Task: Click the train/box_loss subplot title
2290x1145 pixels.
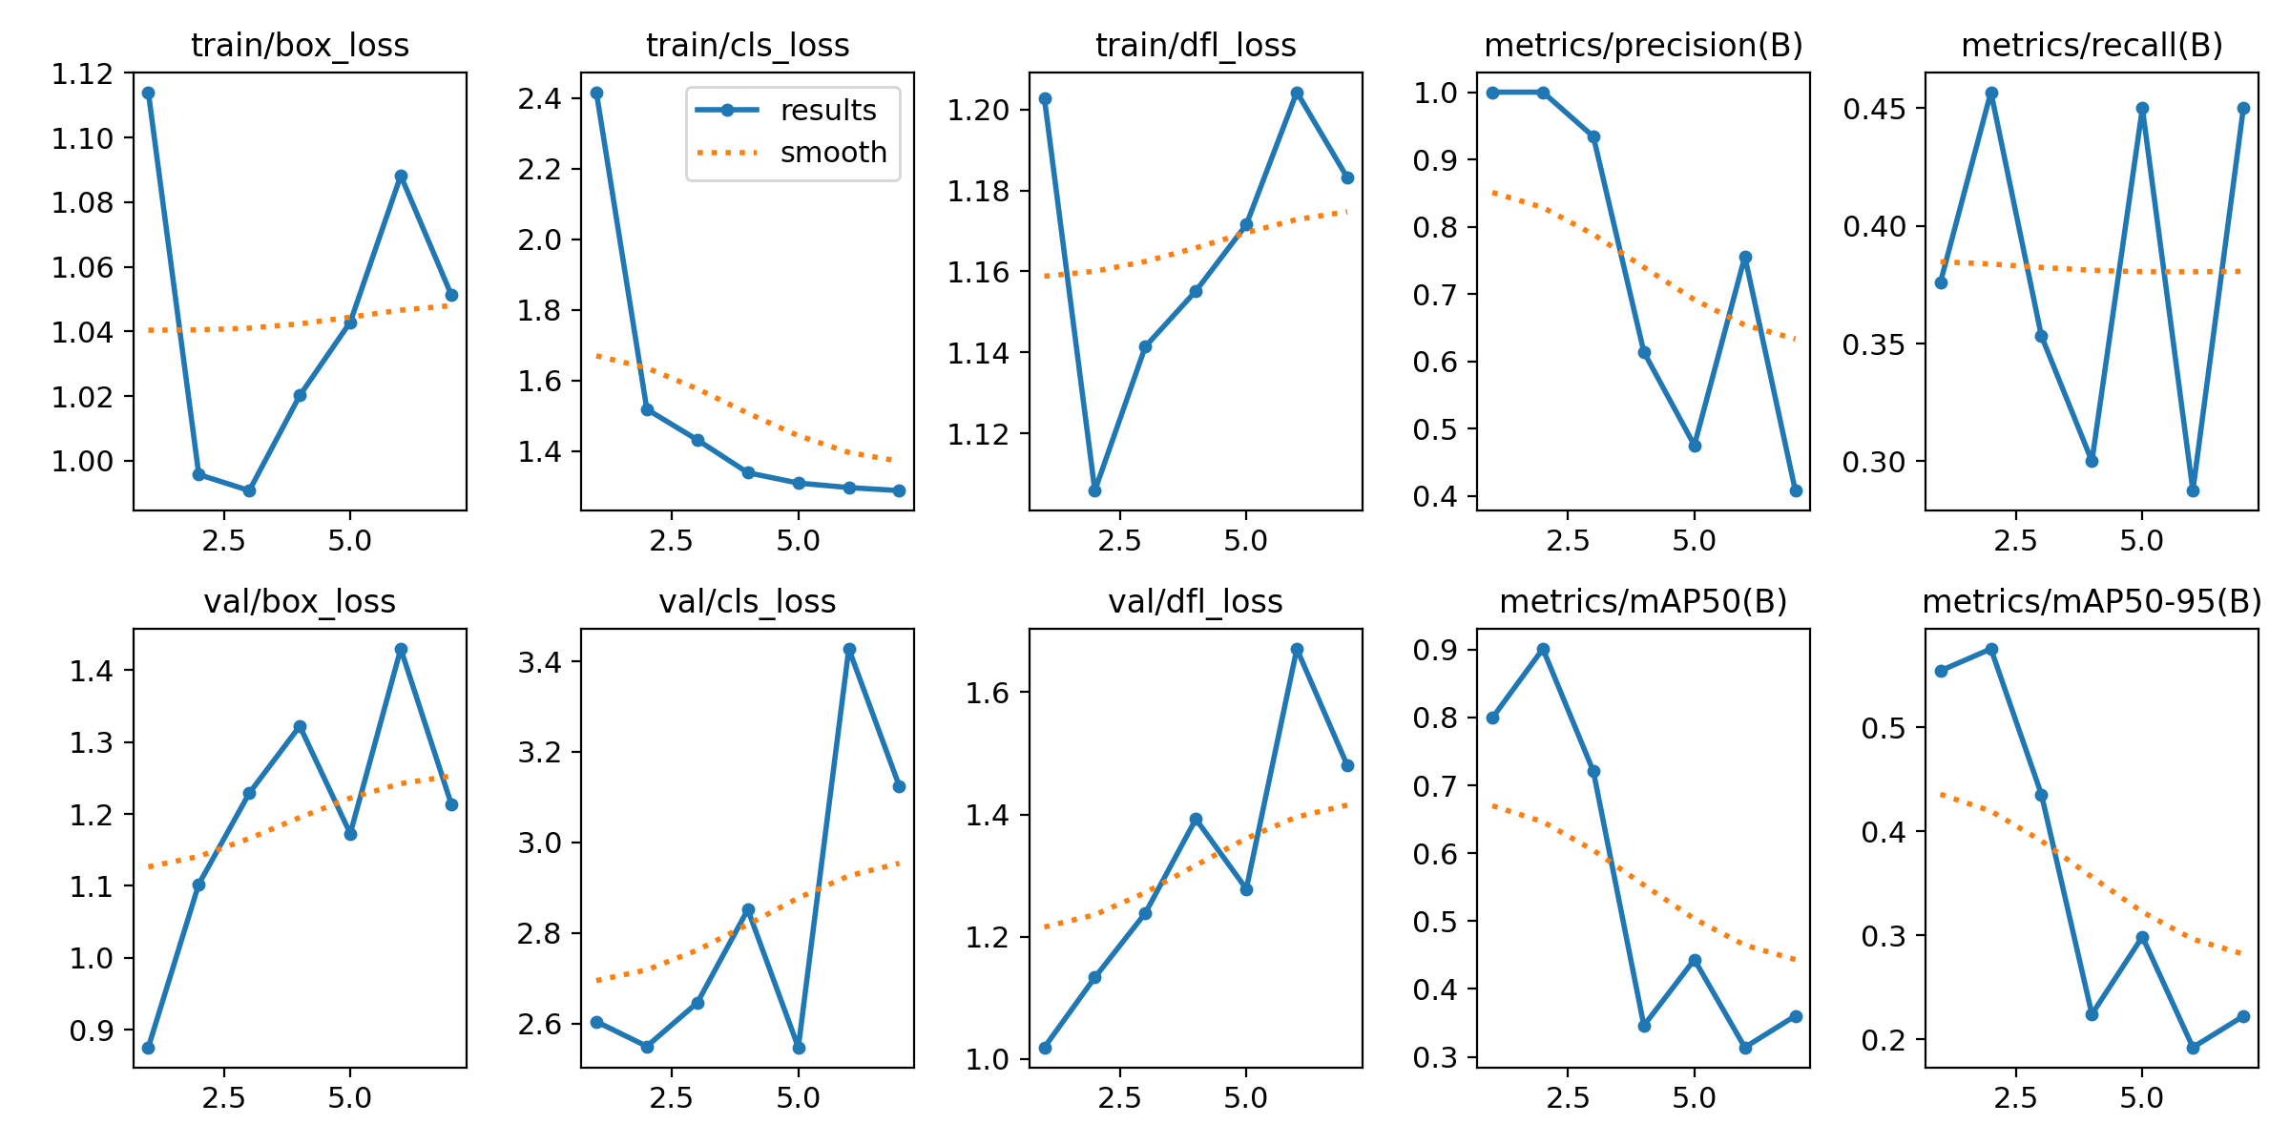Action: (x=300, y=45)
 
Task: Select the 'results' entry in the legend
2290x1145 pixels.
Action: (x=827, y=111)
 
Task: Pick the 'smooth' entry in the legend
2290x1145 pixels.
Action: (x=833, y=153)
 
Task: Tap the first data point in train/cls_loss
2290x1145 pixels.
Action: (x=596, y=93)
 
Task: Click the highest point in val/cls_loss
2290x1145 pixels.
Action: (x=849, y=649)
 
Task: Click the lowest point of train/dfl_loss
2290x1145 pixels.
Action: (x=1094, y=490)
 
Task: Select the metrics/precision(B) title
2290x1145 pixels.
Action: (x=1643, y=45)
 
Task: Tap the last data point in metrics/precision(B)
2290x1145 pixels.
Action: (x=1796, y=490)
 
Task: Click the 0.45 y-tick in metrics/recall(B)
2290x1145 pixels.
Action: (x=1874, y=109)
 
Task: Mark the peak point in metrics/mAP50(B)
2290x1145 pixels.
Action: (x=1543, y=649)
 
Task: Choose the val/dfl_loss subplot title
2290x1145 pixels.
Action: (x=1195, y=602)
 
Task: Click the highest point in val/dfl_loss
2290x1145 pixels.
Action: (x=1297, y=649)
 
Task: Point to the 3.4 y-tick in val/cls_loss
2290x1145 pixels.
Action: (x=540, y=662)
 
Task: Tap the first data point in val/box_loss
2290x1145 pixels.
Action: (x=148, y=1048)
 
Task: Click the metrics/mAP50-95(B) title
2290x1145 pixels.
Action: (x=2092, y=602)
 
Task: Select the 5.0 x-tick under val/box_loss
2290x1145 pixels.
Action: (x=350, y=1098)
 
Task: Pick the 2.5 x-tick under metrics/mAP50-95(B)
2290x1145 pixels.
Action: (x=2015, y=1098)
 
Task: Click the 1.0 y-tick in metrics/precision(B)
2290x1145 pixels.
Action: (x=1435, y=93)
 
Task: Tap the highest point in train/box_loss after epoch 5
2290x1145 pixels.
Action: (x=401, y=176)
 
